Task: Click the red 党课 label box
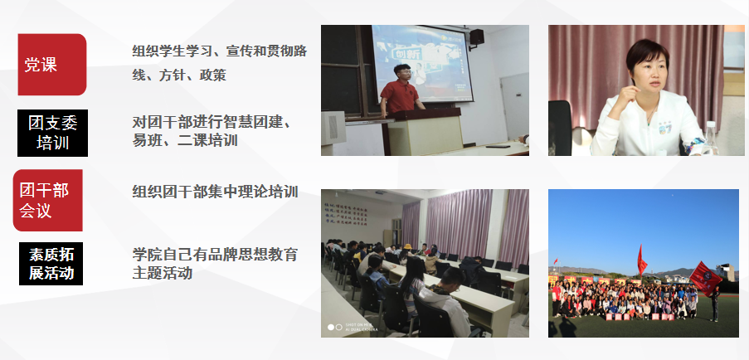(52, 65)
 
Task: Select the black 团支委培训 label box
(52, 133)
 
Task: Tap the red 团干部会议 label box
(48, 200)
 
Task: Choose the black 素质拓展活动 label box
(51, 264)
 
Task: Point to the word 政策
(212, 75)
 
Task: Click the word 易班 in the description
(145, 140)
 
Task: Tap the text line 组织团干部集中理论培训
(215, 192)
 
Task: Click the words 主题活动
(163, 273)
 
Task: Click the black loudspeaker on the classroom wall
(476, 37)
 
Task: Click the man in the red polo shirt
(400, 90)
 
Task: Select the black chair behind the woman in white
(560, 128)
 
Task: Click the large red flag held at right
(706, 278)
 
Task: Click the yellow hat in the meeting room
(407, 247)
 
